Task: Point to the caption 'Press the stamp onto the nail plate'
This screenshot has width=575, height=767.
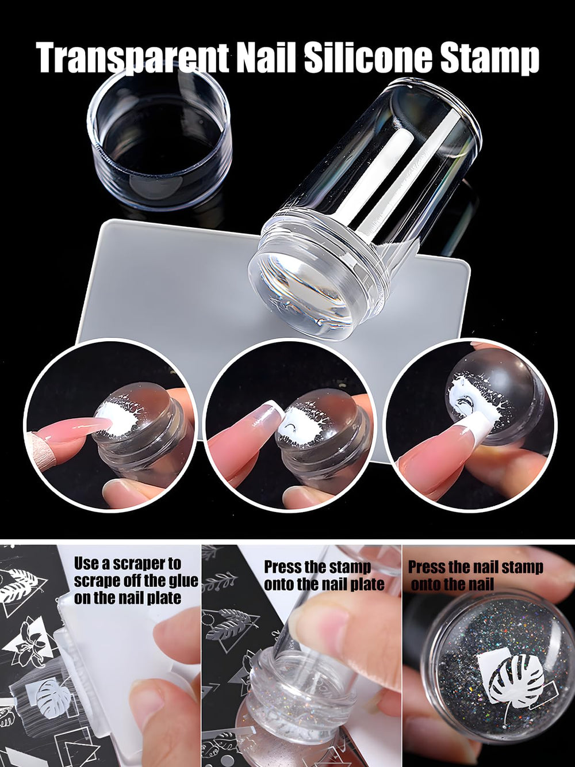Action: pyautogui.click(x=324, y=581)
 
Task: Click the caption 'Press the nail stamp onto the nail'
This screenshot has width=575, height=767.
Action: pyautogui.click(x=476, y=581)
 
